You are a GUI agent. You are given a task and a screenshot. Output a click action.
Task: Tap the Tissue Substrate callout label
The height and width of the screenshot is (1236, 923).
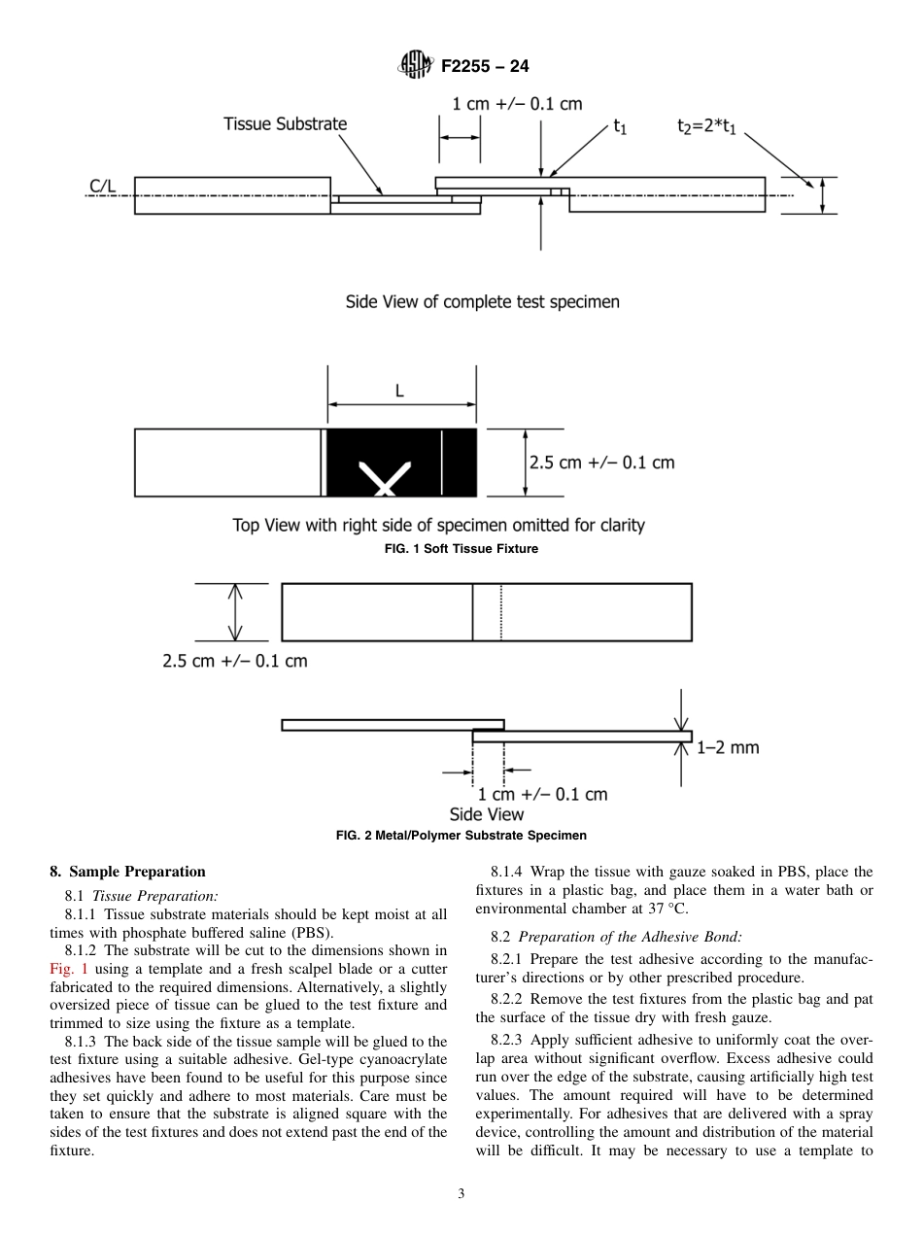click(x=285, y=123)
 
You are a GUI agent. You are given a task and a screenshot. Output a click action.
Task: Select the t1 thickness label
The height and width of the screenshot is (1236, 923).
click(x=619, y=126)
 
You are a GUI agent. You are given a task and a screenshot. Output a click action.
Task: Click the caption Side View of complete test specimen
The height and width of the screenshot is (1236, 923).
click(x=482, y=301)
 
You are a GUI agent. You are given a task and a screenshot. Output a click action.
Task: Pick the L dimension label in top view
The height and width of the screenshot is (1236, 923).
click(x=399, y=391)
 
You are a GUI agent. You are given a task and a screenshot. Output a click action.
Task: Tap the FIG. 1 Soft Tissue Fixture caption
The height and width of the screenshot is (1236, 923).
click(x=461, y=549)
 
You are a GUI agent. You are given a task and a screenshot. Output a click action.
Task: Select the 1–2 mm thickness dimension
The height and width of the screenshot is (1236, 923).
click(x=728, y=747)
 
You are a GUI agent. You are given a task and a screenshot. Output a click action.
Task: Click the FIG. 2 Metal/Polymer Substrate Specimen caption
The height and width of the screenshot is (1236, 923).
click(x=461, y=835)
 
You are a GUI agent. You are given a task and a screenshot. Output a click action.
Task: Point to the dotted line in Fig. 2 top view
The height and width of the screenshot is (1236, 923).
click(x=501, y=612)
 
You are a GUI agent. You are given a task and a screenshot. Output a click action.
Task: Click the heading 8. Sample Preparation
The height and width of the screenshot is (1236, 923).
click(x=127, y=872)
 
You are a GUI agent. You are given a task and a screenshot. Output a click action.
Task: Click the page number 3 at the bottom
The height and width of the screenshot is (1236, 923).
click(x=461, y=1194)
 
